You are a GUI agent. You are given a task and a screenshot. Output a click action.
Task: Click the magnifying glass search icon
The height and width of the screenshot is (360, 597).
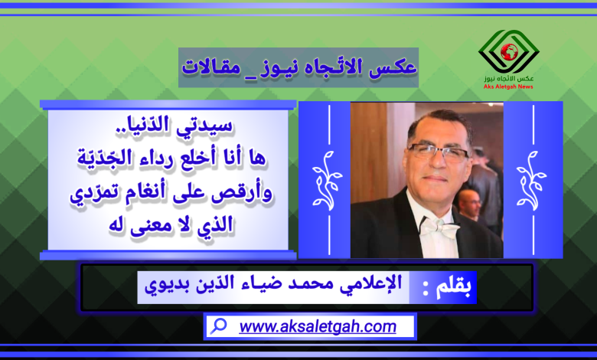pos(219,326)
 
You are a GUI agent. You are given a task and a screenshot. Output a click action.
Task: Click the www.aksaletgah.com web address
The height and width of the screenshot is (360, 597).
pos(318,326)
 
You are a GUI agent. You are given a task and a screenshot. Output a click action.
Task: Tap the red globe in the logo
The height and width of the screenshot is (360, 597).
pos(509,52)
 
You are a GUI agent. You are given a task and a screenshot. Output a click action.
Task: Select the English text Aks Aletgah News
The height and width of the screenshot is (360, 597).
pos(508,87)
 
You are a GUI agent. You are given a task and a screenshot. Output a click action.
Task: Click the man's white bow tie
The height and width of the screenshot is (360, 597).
pos(440,227)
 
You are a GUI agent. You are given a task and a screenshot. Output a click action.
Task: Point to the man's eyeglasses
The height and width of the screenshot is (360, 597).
pos(439,152)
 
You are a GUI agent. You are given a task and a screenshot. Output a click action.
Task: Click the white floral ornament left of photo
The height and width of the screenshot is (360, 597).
pos(327,180)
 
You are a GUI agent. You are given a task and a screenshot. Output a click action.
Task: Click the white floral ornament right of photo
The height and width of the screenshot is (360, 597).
pos(531,180)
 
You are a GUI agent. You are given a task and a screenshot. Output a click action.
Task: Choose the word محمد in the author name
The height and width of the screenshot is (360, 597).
pos(305,284)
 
